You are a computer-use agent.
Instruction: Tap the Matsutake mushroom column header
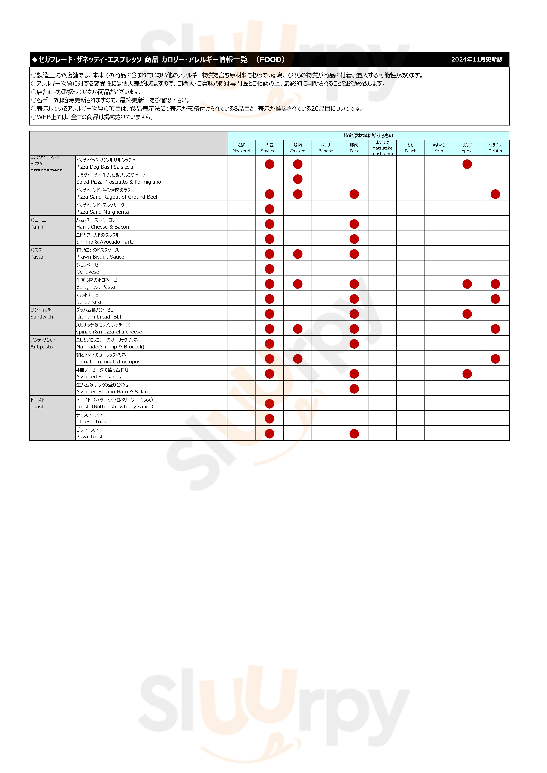pos(382,148)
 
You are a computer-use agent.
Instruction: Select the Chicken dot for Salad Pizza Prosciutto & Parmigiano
pos(298,179)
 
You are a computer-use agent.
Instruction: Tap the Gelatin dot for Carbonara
pos(495,299)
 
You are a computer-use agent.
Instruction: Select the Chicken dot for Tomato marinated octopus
pos(298,359)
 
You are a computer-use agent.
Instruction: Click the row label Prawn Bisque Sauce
pos(100,257)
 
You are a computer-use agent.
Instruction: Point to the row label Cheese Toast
pos(92,421)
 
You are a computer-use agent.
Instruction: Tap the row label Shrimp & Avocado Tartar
pos(106,242)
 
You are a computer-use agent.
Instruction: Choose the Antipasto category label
pos(41,347)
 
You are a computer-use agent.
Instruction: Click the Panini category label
pos(37,227)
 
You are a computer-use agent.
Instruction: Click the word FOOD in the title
pos(270,60)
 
